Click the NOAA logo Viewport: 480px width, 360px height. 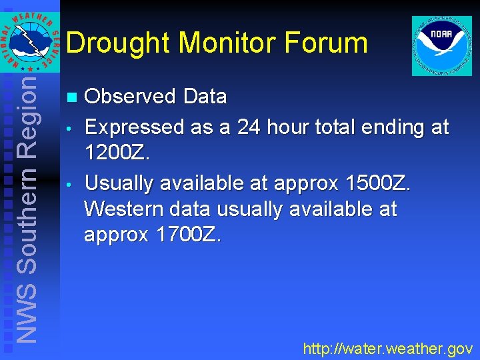[x=441, y=45]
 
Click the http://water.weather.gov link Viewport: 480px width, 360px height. [x=387, y=348]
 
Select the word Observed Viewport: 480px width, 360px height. [x=127, y=97]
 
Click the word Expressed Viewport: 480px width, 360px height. [x=132, y=127]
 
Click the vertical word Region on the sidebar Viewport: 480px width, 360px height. [x=27, y=117]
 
